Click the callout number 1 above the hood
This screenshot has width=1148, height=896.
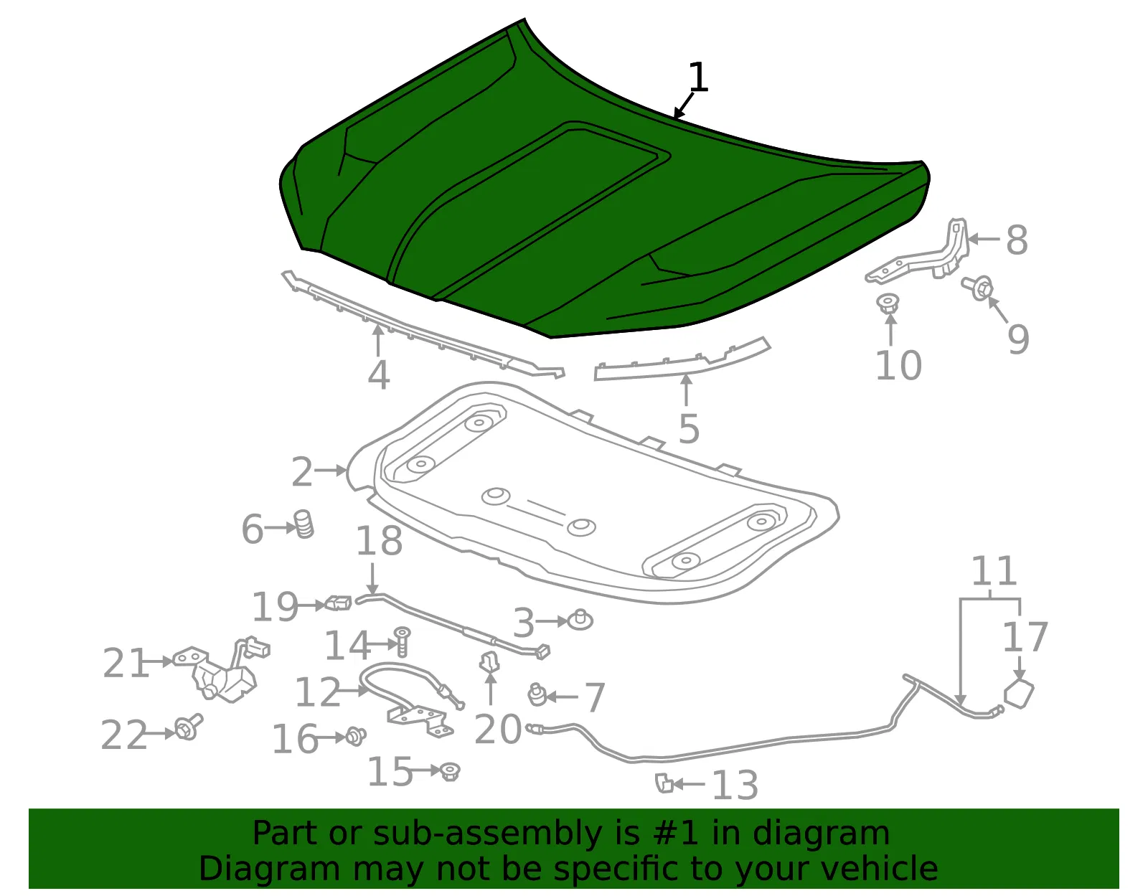pyautogui.click(x=698, y=77)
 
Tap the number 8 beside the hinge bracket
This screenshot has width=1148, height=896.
pyautogui.click(x=1017, y=240)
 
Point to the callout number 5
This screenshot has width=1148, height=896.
pyautogui.click(x=689, y=428)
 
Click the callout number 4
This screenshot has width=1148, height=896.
pyautogui.click(x=378, y=374)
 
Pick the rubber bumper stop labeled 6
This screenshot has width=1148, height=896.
pyautogui.click(x=304, y=524)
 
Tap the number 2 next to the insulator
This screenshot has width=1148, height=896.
pyautogui.click(x=302, y=471)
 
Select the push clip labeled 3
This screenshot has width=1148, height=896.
pyautogui.click(x=580, y=620)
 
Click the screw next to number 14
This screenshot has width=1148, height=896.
pyautogui.click(x=403, y=641)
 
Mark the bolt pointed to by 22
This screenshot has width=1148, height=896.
pyautogui.click(x=189, y=727)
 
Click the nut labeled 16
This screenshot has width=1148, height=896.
pyautogui.click(x=356, y=736)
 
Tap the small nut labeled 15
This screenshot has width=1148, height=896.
pyautogui.click(x=450, y=773)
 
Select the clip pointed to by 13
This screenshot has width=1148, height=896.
pyautogui.click(x=664, y=783)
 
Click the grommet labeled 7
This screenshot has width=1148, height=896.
pyautogui.click(x=537, y=694)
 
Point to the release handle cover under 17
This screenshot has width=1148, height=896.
pyautogui.click(x=1019, y=694)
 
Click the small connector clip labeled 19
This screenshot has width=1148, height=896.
pyautogui.click(x=339, y=603)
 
